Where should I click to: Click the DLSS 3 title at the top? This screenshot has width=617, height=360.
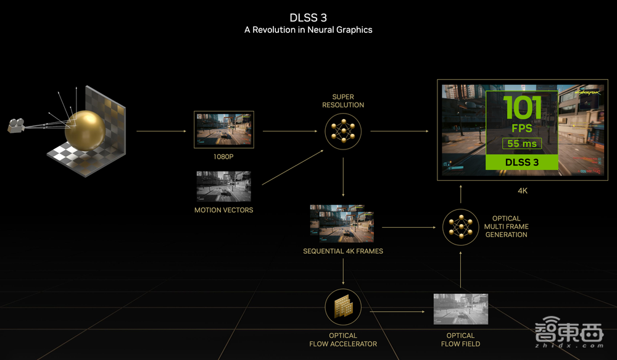tap(308, 17)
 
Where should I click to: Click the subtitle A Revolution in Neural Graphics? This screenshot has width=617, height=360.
tap(308, 30)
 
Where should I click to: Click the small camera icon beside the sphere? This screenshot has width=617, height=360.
tap(16, 125)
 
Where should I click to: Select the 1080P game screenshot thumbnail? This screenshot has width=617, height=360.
tap(223, 130)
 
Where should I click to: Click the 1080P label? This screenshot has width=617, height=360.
tap(223, 157)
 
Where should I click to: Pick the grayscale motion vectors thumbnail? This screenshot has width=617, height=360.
tap(223, 186)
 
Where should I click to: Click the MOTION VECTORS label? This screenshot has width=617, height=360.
tap(223, 211)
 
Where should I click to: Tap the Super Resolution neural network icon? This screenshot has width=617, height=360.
tap(343, 132)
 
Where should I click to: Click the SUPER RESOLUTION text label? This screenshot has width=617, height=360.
tap(343, 101)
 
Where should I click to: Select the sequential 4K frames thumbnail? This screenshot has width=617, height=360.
tap(342, 224)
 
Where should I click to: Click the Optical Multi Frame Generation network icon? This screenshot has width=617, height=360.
tap(461, 227)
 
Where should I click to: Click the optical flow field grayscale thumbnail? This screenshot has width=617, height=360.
tap(460, 309)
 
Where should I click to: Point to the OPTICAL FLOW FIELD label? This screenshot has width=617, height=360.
tap(460, 340)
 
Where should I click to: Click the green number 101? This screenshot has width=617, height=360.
tap(523, 108)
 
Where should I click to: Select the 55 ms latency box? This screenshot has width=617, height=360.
tap(523, 144)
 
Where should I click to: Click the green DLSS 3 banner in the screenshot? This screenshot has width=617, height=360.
tap(523, 162)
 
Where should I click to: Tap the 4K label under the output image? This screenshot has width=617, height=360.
tap(522, 191)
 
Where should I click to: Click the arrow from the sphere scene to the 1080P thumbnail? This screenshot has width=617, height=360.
tap(160, 132)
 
